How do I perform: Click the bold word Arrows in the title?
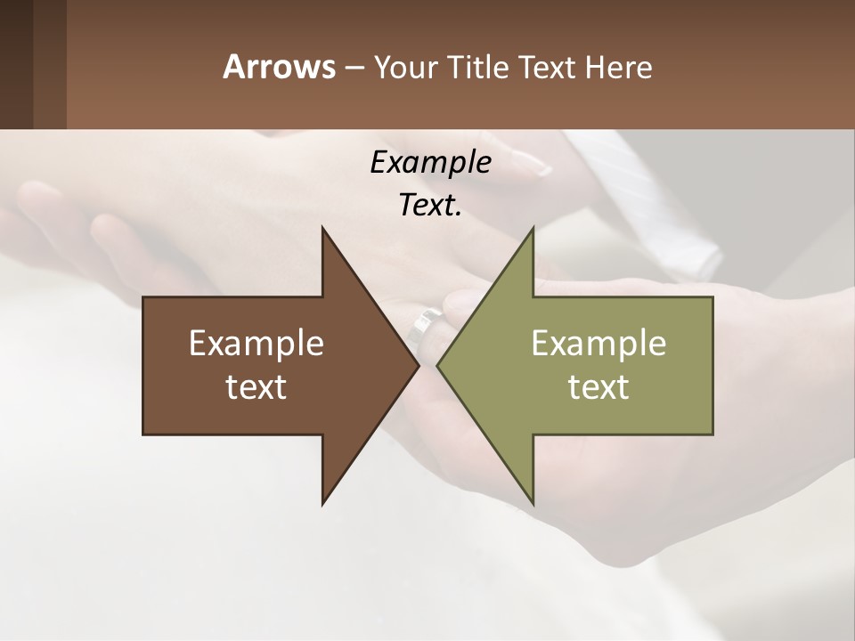tap(279, 67)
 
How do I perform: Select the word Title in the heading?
tap(481, 67)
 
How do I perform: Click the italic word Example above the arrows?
tap(430, 162)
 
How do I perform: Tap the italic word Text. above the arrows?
tap(430, 206)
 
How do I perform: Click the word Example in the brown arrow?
tap(256, 344)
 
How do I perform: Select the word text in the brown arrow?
tap(256, 387)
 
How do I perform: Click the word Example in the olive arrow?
tap(598, 344)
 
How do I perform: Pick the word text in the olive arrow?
tap(598, 387)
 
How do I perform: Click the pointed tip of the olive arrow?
tap(439, 365)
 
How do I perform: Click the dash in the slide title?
tap(353, 68)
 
